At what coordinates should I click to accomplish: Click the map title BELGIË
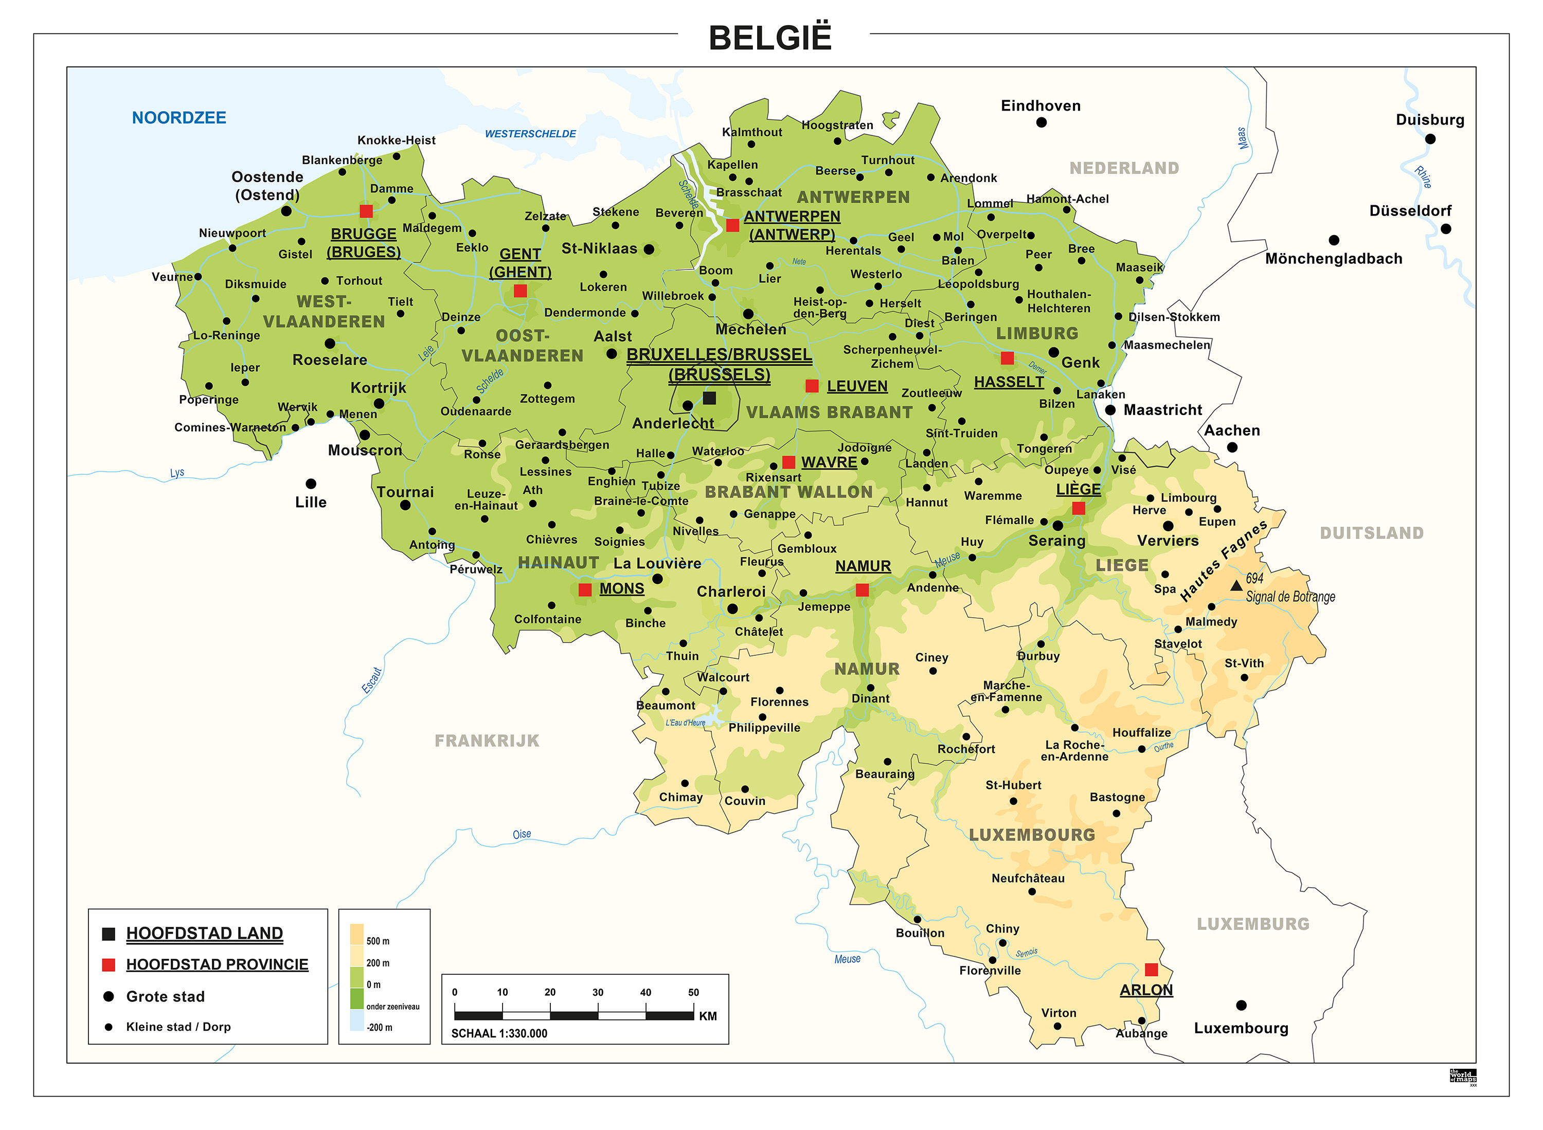[x=769, y=38]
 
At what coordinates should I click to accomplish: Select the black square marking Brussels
[x=709, y=398]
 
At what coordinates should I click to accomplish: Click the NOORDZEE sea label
[x=178, y=118]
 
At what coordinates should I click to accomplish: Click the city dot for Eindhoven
[x=1041, y=122]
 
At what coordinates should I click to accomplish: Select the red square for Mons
[x=585, y=589]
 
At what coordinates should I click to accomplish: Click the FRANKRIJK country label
[x=487, y=741]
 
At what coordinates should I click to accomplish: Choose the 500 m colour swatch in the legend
[x=356, y=935]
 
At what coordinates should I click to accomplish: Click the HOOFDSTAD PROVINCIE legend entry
[x=217, y=964]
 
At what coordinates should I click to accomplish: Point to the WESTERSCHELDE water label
[x=530, y=134]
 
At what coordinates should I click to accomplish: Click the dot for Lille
[x=311, y=483]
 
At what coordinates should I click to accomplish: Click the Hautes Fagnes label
[x=1224, y=561]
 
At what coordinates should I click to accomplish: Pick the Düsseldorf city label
[x=1410, y=211]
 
